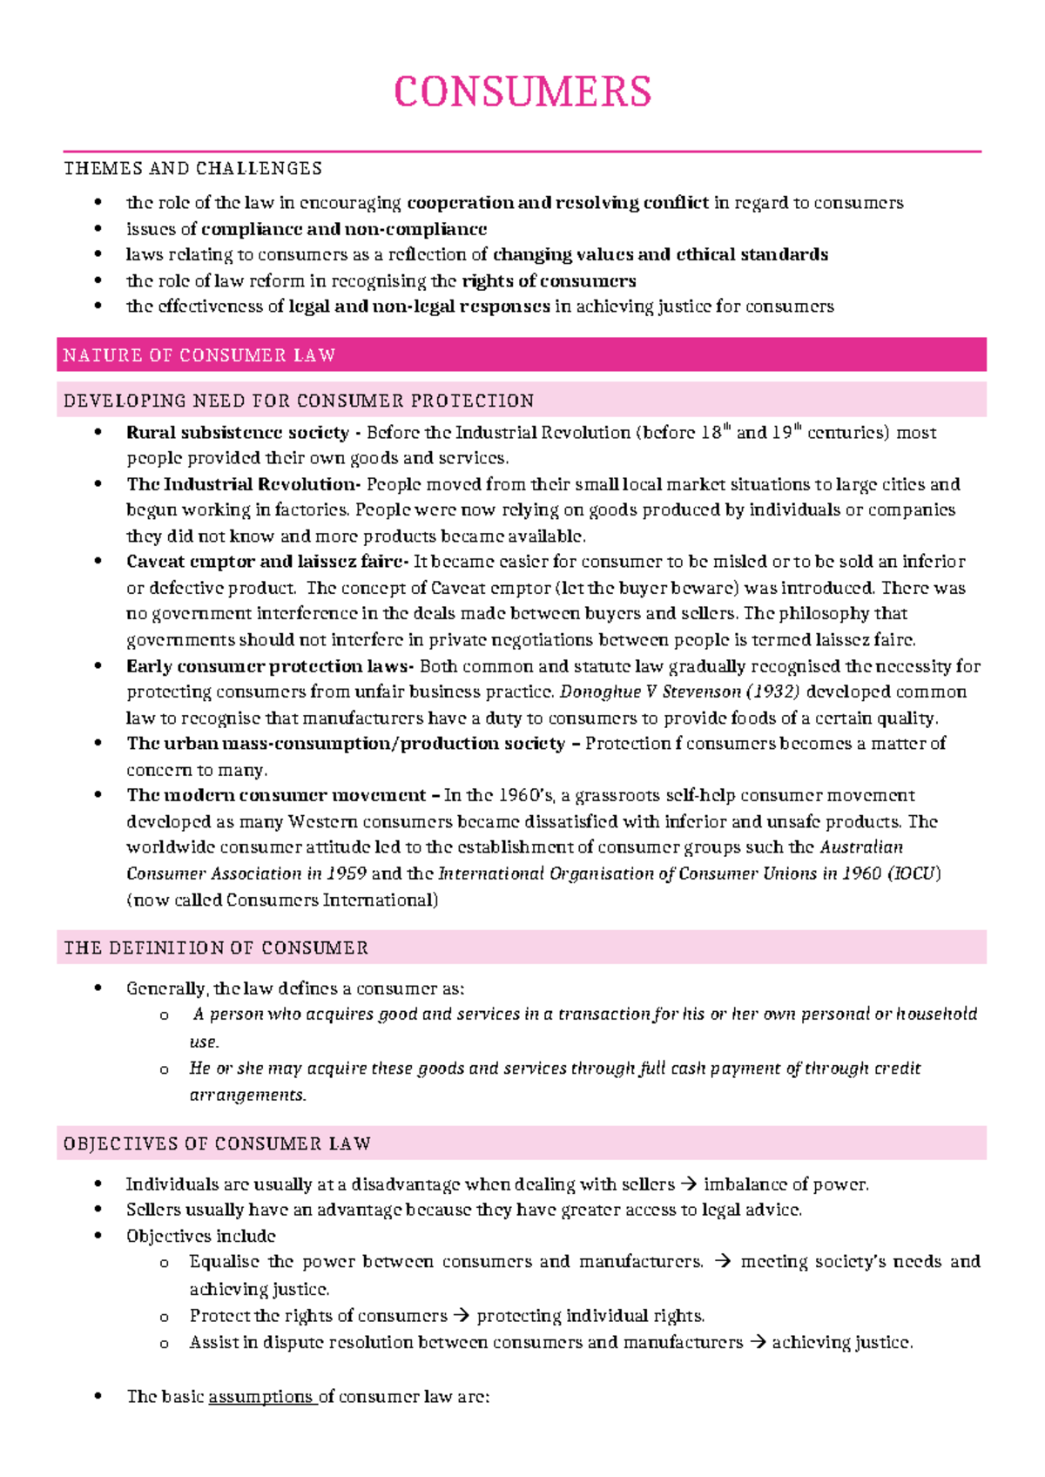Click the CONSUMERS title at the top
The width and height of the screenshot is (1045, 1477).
coord(522,91)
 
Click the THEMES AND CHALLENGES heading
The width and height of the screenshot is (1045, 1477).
coord(192,168)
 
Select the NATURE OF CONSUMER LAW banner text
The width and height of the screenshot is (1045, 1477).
coord(199,355)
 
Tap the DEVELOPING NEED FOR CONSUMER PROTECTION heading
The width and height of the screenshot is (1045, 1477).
coord(299,401)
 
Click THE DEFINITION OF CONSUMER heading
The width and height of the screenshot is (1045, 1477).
coord(216,948)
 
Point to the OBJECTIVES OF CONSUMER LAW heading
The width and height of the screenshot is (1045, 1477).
coord(217,1143)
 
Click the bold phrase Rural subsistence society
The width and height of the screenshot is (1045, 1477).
coord(237,433)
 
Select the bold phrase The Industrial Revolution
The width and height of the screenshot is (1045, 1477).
coord(241,484)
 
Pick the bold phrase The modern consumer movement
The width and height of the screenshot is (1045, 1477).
coord(276,795)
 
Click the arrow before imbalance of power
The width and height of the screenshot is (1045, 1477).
coord(688,1184)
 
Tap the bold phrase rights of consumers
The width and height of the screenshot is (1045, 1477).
coord(549,281)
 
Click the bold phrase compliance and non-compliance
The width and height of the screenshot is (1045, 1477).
coord(343,229)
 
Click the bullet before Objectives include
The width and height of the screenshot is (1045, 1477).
coord(99,1237)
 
